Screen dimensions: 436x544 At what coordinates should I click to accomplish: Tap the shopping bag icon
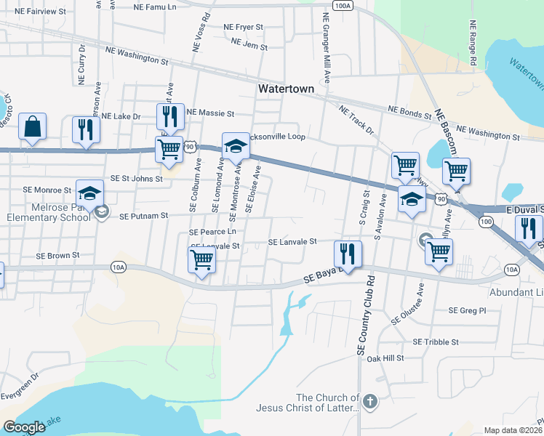click(33, 126)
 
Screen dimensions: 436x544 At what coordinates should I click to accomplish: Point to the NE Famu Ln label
click(156, 6)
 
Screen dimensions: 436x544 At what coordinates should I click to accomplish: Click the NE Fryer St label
click(243, 27)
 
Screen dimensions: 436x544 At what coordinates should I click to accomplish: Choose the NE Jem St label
click(249, 45)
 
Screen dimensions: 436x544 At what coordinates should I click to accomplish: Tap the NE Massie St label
click(210, 113)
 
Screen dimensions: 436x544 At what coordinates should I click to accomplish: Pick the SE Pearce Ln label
click(212, 232)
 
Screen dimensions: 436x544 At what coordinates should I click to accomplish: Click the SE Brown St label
click(58, 256)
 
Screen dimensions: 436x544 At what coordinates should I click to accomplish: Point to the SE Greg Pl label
click(466, 310)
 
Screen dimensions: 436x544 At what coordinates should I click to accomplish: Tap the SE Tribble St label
click(436, 342)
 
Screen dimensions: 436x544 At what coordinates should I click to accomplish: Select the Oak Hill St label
click(385, 358)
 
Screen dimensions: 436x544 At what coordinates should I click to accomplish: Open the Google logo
click(25, 427)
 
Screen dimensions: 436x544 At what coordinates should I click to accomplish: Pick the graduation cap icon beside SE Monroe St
click(89, 193)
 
